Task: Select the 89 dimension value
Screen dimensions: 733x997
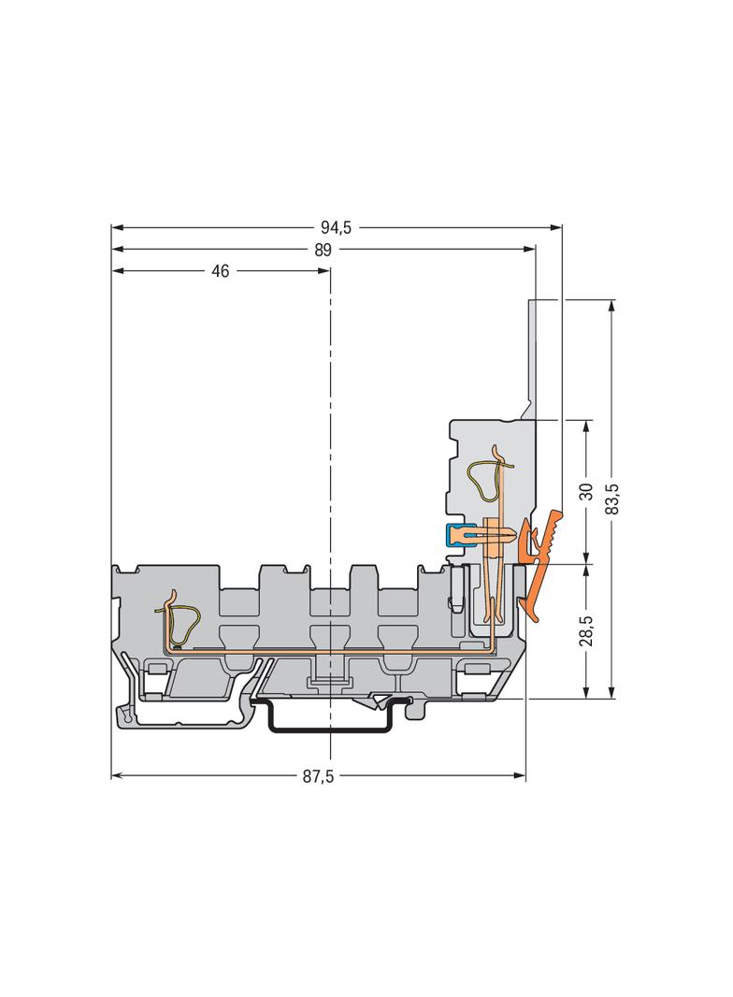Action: [x=323, y=250]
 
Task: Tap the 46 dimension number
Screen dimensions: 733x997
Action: [x=220, y=271]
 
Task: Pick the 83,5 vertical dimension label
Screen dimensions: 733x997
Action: [x=612, y=498]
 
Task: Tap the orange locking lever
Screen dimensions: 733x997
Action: [x=539, y=563]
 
